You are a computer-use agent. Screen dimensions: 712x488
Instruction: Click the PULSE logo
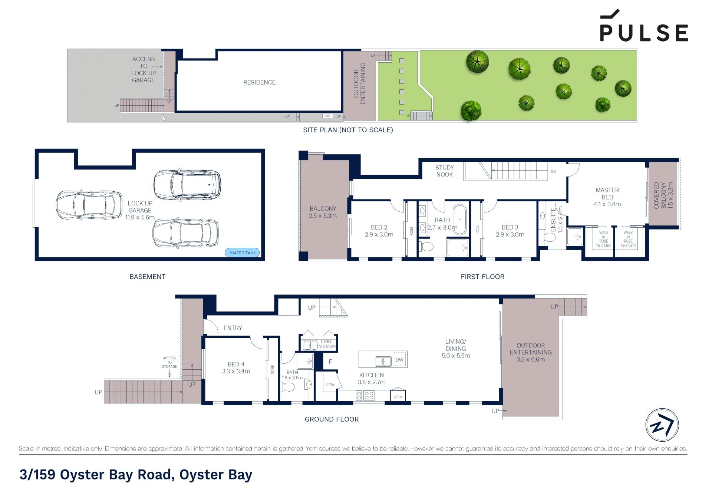[644, 25]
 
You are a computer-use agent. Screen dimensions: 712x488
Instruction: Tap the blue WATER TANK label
[243, 253]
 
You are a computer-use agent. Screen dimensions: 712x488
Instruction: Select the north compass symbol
[662, 425]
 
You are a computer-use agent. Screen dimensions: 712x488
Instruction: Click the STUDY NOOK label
[444, 171]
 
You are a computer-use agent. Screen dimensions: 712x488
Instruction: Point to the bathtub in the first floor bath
[460, 220]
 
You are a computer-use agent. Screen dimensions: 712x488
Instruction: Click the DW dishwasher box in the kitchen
[399, 360]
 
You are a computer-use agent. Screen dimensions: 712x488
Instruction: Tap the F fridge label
[330, 362]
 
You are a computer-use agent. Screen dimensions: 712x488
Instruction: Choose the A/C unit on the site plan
[327, 116]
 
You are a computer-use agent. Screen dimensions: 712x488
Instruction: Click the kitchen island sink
[383, 361]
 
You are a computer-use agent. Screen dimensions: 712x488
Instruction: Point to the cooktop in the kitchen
[365, 396]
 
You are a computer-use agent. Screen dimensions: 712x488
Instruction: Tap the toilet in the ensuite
[550, 237]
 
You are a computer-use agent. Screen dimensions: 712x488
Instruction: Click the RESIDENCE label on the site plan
[259, 82]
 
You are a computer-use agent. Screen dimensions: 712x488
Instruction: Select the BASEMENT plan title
[147, 277]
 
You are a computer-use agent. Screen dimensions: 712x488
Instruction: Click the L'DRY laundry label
[326, 342]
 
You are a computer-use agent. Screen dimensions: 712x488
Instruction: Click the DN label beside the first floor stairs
[553, 172]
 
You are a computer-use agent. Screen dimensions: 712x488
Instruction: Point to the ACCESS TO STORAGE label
[169, 362]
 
